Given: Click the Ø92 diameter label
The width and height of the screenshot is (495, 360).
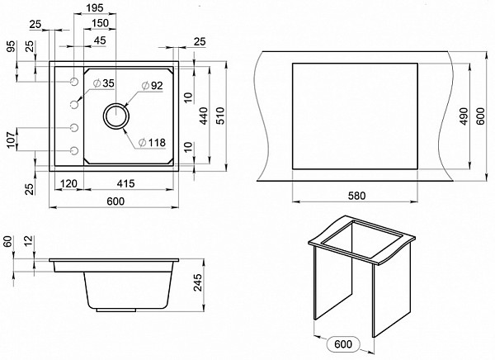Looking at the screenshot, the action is tap(152, 86).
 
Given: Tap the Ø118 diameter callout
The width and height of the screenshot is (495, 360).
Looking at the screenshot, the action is tap(152, 143).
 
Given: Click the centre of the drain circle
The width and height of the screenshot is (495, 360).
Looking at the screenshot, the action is tap(116, 116).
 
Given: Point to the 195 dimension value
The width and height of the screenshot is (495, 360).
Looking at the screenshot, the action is tap(95, 8).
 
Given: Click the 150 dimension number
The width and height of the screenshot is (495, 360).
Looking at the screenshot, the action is tap(101, 23).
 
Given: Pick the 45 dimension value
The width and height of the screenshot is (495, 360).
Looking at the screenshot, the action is tap(100, 40).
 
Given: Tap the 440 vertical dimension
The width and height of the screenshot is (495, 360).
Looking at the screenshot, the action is tap(204, 116).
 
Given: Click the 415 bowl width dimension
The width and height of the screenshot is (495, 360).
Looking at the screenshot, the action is tap(125, 183).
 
